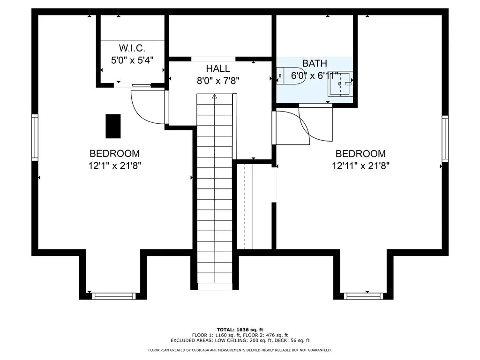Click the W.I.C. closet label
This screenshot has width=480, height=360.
point(132,48)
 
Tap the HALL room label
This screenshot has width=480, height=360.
point(218,68)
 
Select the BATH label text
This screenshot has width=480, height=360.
point(315,63)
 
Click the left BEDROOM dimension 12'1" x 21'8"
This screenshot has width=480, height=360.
point(115,166)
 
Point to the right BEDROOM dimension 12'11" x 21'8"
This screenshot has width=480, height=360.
point(360,166)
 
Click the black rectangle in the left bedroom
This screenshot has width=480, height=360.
point(113,126)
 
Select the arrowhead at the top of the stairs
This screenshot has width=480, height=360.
point(214,97)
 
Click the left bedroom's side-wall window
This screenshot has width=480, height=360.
point(35,137)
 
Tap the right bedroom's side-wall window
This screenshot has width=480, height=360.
point(445,139)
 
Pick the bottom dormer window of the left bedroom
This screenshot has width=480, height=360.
point(114,296)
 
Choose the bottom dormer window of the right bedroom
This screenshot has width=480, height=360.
point(363,296)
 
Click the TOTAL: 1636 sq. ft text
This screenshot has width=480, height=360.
point(240,330)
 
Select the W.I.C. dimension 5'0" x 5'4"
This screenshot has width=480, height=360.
point(132,60)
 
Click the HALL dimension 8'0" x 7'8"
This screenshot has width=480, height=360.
point(218,81)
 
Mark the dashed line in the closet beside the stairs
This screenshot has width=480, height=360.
point(245,207)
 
